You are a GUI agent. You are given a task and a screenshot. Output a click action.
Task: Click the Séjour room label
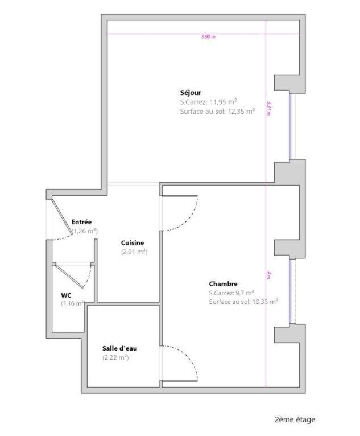(191, 93)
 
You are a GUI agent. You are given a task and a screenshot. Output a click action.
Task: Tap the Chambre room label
(223, 284)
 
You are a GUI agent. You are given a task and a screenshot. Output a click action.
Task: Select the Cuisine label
(133, 242)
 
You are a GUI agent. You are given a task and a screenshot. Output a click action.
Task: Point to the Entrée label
(81, 221)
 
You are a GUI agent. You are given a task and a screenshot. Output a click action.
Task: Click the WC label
(66, 295)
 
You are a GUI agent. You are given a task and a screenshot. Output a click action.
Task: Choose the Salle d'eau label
(119, 348)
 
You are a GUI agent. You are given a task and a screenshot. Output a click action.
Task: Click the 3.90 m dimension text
(209, 37)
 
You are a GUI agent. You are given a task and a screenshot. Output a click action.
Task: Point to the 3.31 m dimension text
(268, 108)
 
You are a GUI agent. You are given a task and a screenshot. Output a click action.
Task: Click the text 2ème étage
(294, 420)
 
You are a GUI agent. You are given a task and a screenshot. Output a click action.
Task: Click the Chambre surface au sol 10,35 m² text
(243, 302)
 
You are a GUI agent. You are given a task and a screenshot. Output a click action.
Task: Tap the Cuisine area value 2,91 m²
(134, 252)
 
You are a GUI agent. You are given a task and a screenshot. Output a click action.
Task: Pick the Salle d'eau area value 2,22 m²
(115, 357)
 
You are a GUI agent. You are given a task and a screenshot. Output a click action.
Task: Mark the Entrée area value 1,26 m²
(85, 231)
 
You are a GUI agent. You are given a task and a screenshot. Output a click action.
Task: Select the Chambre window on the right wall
(291, 291)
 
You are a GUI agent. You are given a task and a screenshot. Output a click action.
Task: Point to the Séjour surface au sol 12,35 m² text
(217, 112)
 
